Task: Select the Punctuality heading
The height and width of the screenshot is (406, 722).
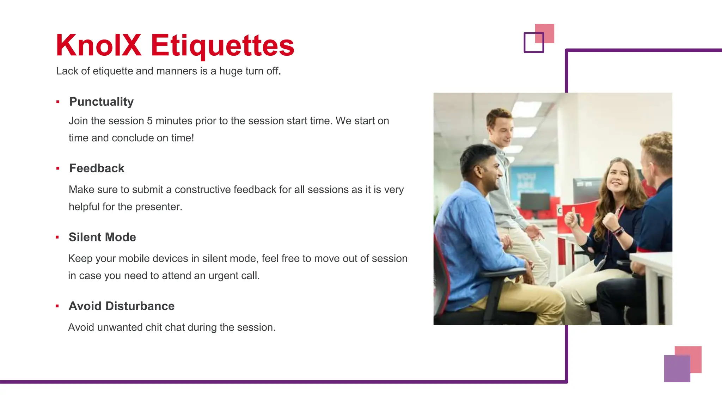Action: (102, 101)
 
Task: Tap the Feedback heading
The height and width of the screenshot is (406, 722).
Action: (97, 168)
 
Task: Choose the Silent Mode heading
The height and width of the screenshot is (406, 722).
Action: (102, 237)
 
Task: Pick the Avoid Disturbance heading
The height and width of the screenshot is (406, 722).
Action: (122, 306)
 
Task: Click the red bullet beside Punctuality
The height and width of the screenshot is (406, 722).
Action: (58, 102)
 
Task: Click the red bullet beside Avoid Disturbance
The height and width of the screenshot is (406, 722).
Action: (57, 306)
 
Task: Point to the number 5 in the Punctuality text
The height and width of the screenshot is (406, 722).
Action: (149, 121)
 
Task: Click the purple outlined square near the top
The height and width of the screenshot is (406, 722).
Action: (533, 43)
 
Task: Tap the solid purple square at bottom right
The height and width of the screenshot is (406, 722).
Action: (677, 369)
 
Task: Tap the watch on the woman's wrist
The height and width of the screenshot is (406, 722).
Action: (619, 232)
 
